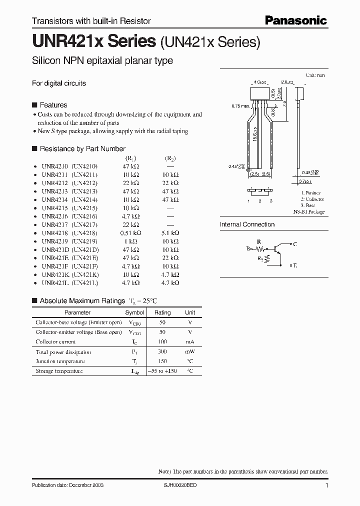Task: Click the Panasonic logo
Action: coord(295,20)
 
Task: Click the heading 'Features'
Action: coord(53,105)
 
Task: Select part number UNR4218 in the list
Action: coord(51,233)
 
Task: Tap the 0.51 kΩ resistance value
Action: coord(130,233)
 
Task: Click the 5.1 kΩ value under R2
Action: coord(170,233)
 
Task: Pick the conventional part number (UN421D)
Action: coord(84,249)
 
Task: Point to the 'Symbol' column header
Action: coord(134,312)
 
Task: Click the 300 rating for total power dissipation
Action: coord(162,351)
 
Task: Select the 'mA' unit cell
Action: coord(190,342)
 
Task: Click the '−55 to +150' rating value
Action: coord(162,371)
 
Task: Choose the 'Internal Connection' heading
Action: coord(247,224)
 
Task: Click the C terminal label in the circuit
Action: coord(295,244)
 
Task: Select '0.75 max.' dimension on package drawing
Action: coord(240,106)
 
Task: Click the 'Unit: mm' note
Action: coord(315,75)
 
